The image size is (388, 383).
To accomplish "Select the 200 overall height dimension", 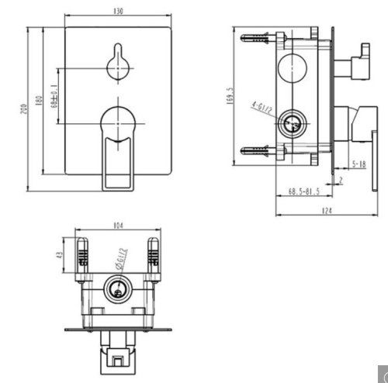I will point(24,110).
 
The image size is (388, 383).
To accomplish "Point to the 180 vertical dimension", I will point(39,102).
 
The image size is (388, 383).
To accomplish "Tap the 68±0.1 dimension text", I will point(54,97).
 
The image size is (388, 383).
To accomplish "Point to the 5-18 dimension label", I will point(358,164).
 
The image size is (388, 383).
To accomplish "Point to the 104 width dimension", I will point(118,226).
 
